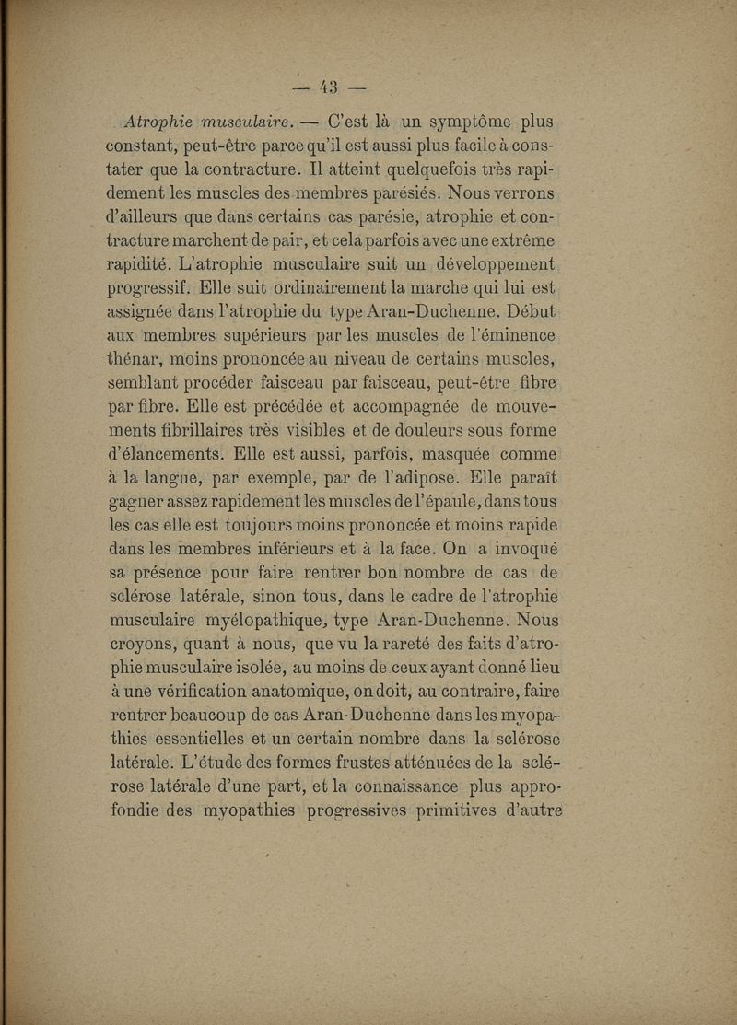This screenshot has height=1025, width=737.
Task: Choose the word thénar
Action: pos(135,363)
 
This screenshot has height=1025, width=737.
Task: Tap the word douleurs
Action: pos(450,435)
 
